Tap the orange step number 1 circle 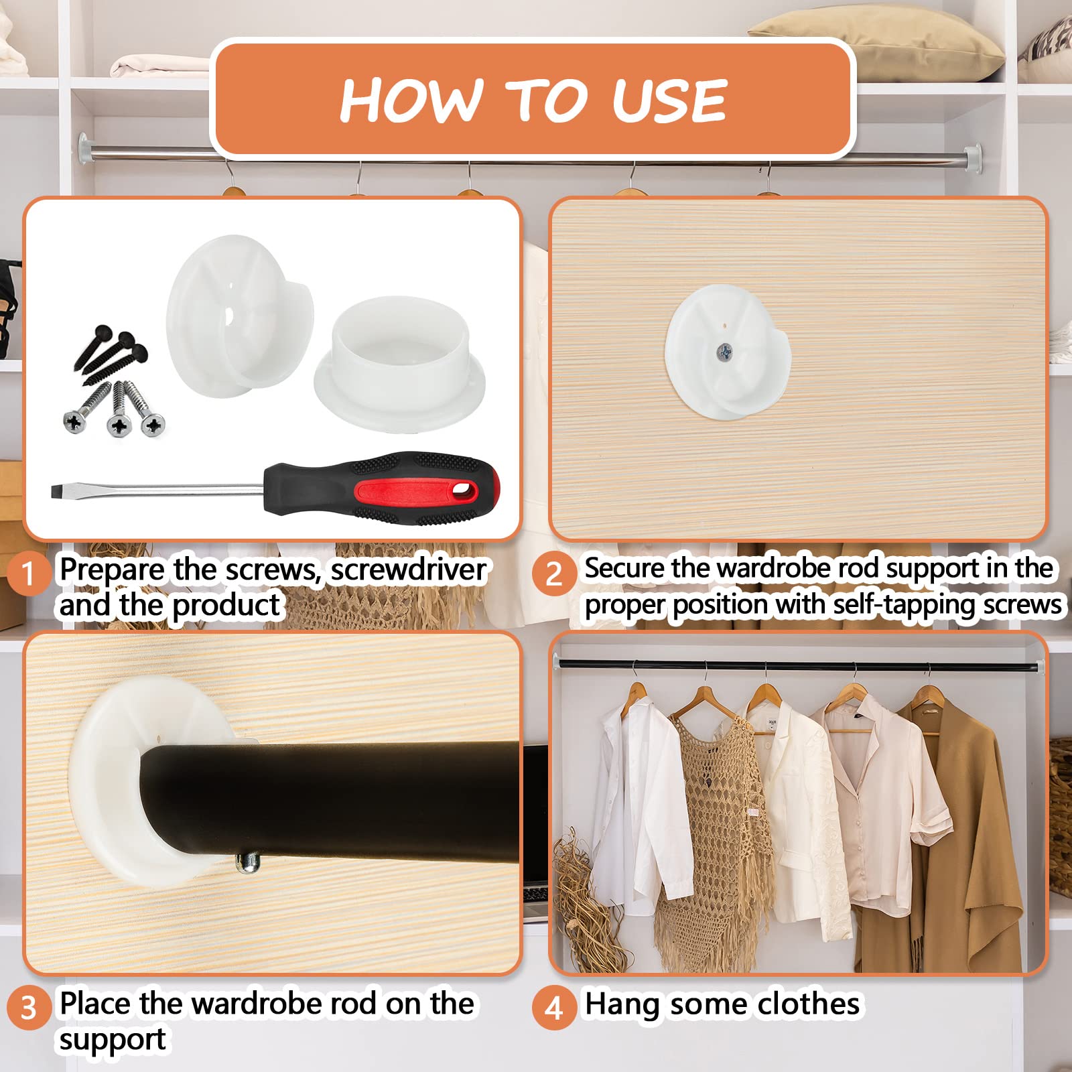(x=28, y=574)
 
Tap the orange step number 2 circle (x=553, y=574)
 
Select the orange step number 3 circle (x=28, y=1008)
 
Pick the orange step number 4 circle (x=553, y=1008)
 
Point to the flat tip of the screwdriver (x=57, y=491)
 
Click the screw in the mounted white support (x=724, y=350)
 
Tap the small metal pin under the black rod (x=248, y=864)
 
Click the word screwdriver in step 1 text (x=409, y=569)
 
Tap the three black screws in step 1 (x=111, y=352)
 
